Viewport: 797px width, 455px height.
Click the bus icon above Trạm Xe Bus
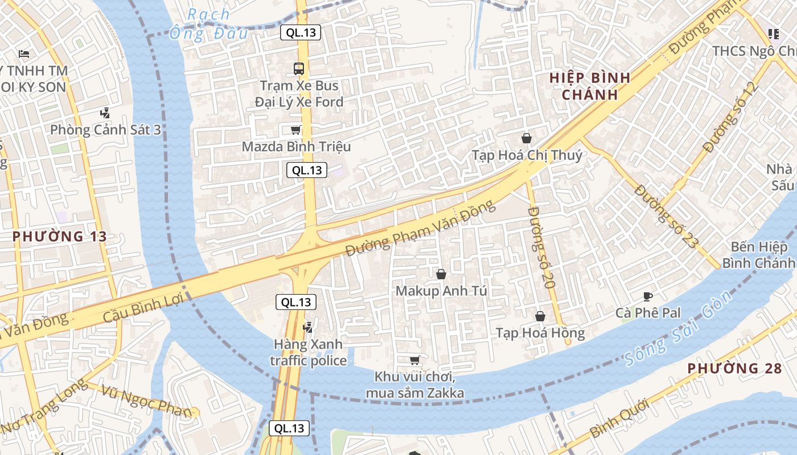299,69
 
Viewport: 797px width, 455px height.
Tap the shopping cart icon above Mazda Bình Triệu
295,130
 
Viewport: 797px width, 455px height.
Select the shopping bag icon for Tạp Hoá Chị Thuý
527,138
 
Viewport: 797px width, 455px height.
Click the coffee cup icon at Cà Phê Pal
647,296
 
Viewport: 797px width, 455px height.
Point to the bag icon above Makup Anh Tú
441,274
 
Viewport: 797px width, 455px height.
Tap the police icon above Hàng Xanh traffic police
308,327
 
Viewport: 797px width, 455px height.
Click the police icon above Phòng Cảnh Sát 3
104,113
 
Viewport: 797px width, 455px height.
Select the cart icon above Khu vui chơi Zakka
414,360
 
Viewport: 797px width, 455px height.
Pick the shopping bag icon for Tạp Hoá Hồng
540,316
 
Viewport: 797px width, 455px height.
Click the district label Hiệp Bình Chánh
590,86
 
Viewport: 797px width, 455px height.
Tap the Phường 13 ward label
60,237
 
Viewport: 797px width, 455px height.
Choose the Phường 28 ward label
734,369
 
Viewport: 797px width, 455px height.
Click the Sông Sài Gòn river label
677,329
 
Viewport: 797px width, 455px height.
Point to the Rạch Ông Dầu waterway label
208,24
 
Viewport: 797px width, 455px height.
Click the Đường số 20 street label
541,247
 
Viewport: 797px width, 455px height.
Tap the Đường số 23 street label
665,216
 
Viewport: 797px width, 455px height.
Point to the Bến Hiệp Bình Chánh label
759,255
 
